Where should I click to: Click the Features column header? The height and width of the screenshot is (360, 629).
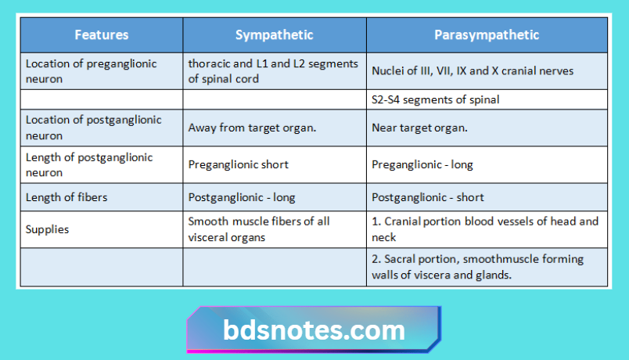tap(102, 35)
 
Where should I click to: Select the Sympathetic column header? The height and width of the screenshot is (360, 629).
tap(274, 35)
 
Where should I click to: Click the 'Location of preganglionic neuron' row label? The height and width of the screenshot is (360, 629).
tap(92, 71)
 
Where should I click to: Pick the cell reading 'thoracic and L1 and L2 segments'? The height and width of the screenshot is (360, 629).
tap(273, 71)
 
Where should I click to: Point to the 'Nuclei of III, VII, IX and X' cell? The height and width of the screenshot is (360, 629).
tap(473, 71)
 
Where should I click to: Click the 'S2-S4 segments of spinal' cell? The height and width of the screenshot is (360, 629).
tap(436, 99)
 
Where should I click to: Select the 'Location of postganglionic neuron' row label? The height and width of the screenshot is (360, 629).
tap(94, 128)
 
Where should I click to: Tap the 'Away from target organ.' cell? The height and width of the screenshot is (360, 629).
tap(252, 128)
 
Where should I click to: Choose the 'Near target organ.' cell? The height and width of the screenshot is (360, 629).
tap(419, 128)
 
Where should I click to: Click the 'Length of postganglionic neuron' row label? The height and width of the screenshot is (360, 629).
tap(89, 165)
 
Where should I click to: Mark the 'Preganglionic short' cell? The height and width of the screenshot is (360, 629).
tap(239, 165)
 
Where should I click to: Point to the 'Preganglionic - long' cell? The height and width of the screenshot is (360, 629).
tap(422, 165)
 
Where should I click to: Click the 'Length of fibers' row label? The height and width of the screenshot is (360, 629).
tap(66, 198)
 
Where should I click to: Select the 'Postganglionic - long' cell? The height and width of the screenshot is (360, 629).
tap(242, 198)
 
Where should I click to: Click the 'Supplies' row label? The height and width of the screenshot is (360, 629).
tap(47, 229)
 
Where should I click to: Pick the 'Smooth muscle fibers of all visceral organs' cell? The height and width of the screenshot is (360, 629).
tap(259, 229)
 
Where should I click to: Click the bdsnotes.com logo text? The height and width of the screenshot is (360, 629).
tap(314, 330)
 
